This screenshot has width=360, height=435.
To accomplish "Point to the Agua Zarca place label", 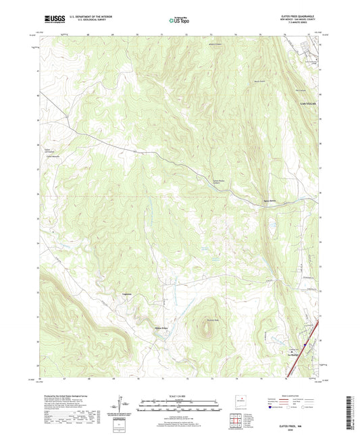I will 269,201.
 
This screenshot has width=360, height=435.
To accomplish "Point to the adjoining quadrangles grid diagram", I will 238,421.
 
